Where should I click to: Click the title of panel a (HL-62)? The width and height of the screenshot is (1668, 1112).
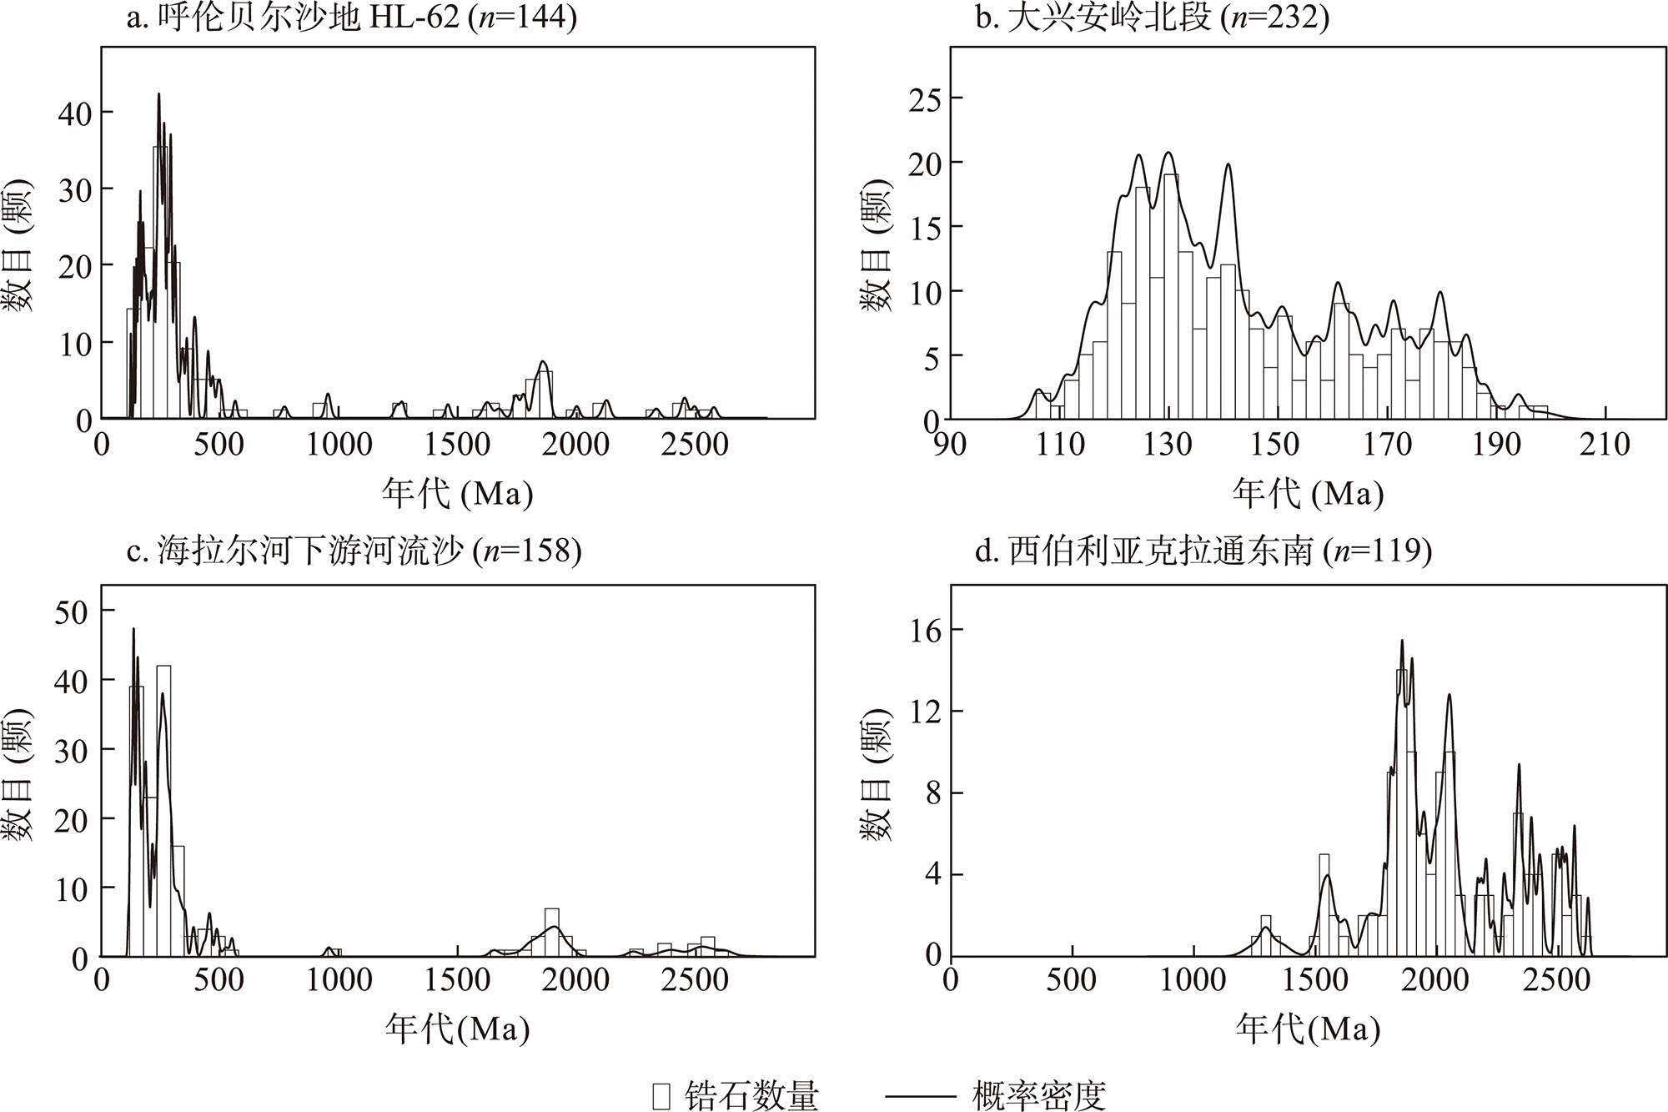coord(351,18)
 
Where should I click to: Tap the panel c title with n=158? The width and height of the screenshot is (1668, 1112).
coord(354,551)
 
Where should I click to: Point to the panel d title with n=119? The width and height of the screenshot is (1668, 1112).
coord(1203,551)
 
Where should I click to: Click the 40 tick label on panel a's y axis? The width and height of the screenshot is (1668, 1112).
coord(74,113)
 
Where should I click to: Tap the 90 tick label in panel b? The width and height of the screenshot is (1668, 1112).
coord(950,444)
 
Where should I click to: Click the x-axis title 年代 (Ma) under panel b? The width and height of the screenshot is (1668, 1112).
coord(1308,494)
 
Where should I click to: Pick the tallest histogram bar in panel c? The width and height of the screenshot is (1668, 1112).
coord(164,809)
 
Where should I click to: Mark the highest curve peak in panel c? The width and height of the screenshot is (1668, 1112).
coord(133,629)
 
